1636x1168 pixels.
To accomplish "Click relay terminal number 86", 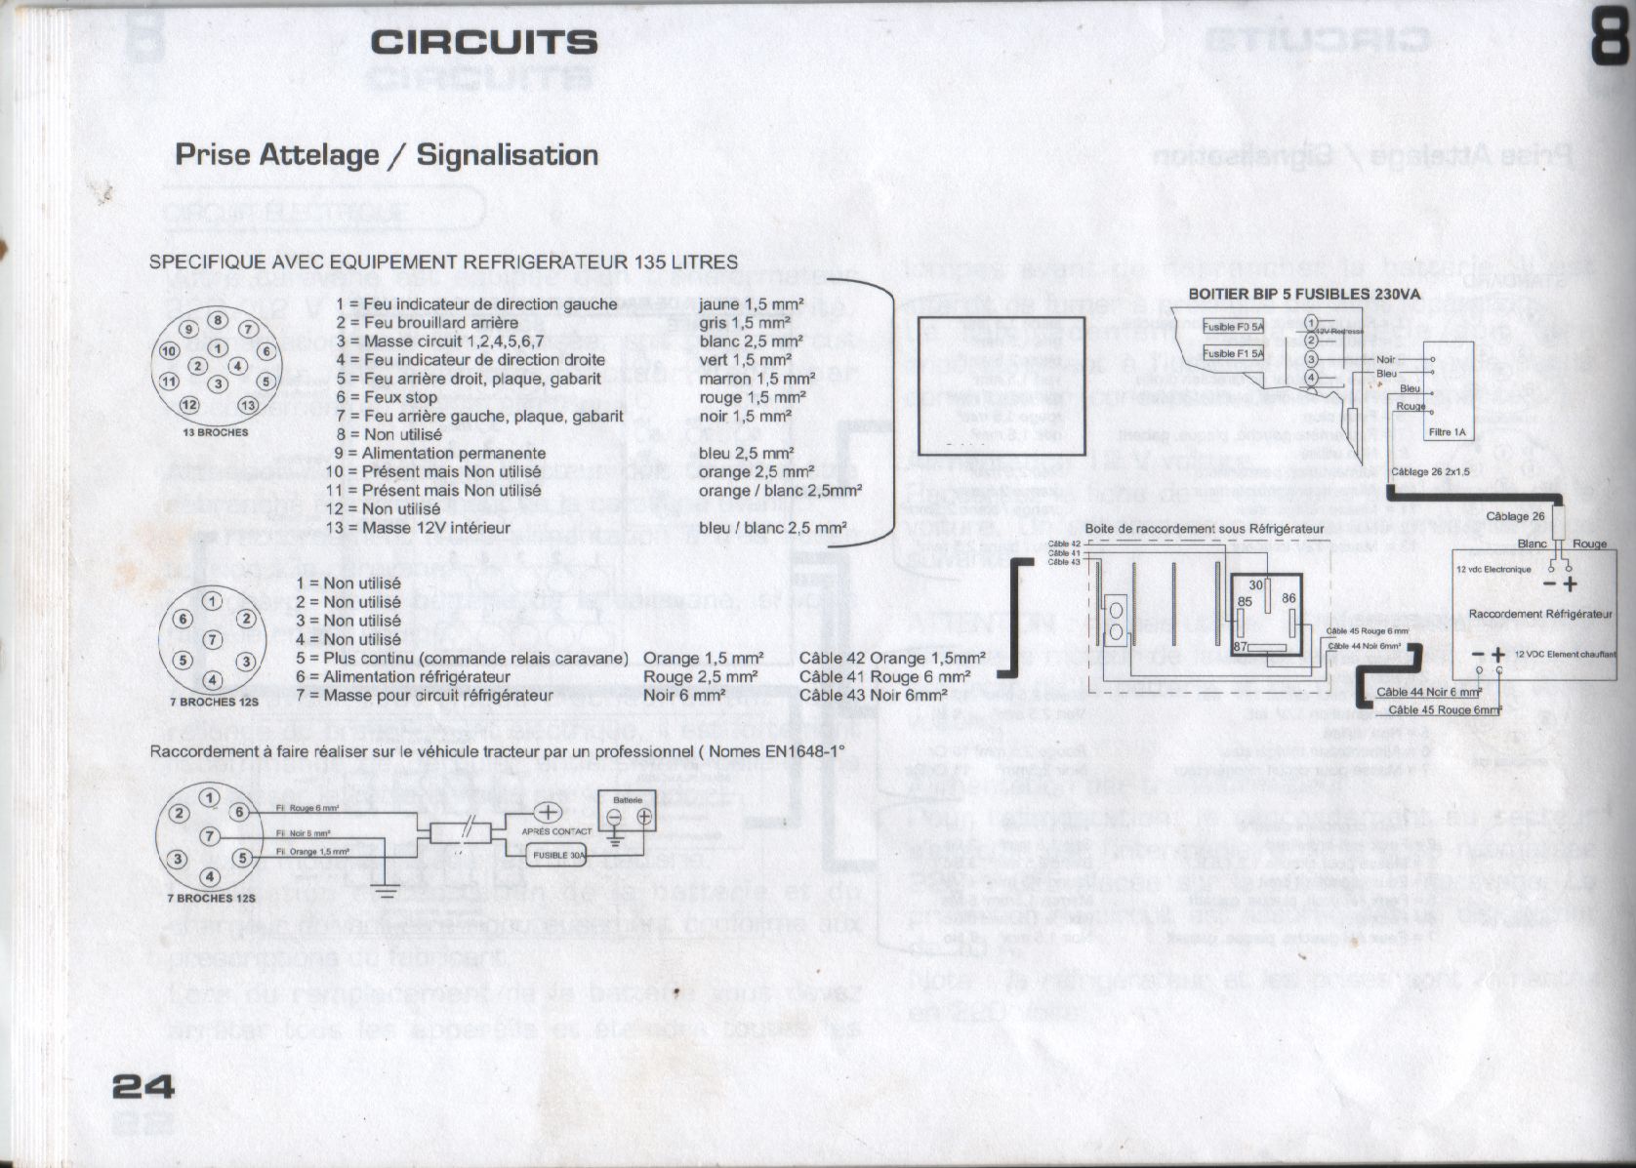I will click(x=1288, y=598).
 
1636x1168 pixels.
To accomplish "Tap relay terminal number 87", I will click(x=1240, y=647).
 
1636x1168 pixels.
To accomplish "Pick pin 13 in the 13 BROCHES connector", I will click(x=248, y=405).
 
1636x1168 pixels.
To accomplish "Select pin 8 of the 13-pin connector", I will click(x=218, y=319).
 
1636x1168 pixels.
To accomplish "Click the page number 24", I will click(x=143, y=1085).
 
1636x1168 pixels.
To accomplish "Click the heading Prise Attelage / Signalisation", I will click(x=387, y=154).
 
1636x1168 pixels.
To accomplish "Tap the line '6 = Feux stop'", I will click(x=388, y=397).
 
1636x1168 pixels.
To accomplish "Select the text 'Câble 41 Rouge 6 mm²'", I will click(x=884, y=677).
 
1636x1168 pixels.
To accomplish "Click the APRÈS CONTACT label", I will click(x=556, y=831).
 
